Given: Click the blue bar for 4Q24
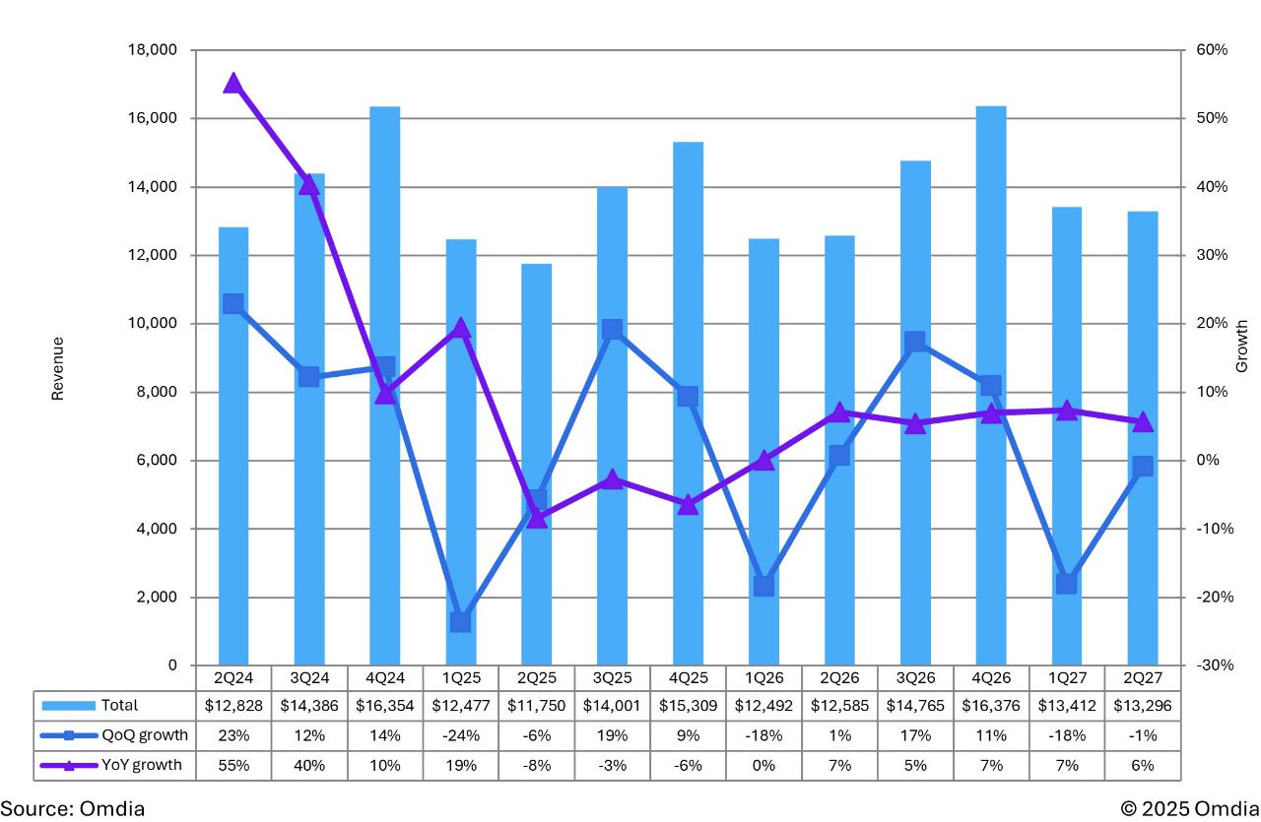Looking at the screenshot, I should tap(384, 492).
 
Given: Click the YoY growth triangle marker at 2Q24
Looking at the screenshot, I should tap(233, 83).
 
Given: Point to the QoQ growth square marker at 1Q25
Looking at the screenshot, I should tap(460, 621).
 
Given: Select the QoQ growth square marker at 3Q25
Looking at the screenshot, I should tap(612, 330).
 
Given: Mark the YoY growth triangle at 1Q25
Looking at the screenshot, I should tap(460, 329).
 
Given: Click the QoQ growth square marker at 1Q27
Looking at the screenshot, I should tap(1066, 584).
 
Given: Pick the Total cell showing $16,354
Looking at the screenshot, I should tap(384, 705).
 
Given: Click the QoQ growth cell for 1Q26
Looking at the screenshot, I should tap(763, 734).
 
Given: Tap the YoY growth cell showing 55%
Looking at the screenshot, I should tap(233, 765).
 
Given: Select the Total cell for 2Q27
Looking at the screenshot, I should tap(1143, 705).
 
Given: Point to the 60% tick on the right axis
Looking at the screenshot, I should tap(1212, 50).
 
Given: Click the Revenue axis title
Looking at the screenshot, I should tap(57, 368).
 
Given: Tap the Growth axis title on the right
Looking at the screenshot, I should tap(1241, 346).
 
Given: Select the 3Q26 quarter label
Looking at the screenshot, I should tap(915, 679).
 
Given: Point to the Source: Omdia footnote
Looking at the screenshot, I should tap(73, 808).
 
